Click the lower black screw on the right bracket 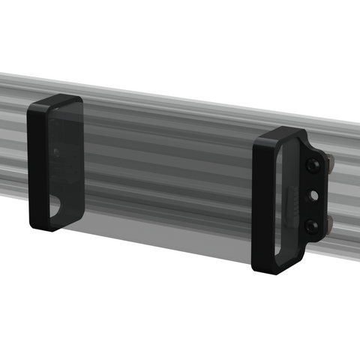point(312,225)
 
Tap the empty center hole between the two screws point(313,194)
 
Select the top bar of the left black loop point(57,102)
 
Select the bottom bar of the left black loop point(48,224)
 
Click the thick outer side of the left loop point(34,165)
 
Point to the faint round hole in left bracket point(55,153)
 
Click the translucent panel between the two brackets point(165,180)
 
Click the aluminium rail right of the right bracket point(345,195)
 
